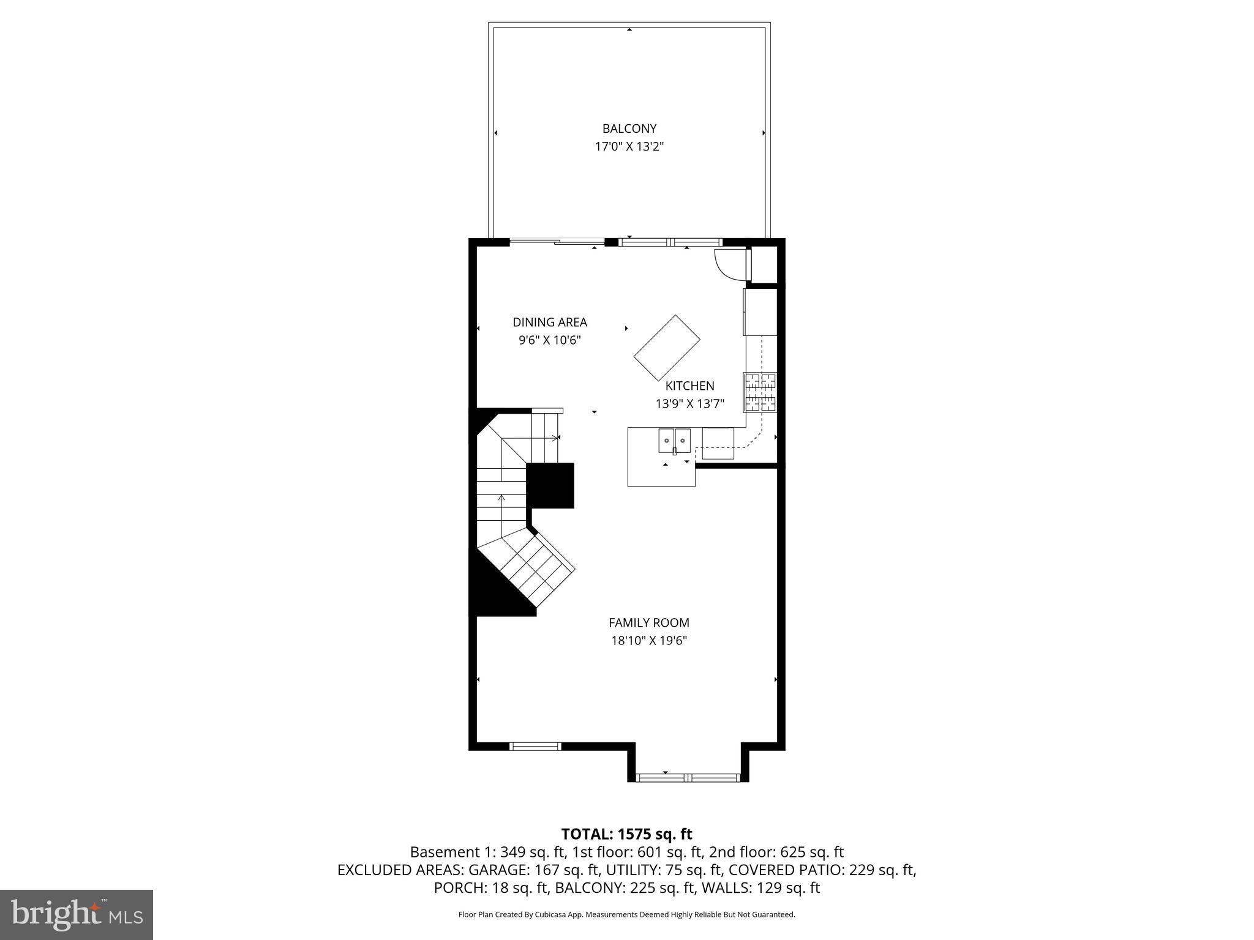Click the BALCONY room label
coord(629,129)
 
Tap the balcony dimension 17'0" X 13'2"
coord(629,147)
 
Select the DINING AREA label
coord(549,322)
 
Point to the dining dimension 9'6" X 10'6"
coord(549,340)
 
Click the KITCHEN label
coord(689,386)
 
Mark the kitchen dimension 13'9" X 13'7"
coord(689,404)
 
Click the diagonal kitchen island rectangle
coord(667,348)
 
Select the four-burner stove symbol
coord(760,392)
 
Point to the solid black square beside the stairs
coord(550,485)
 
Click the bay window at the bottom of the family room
coord(688,778)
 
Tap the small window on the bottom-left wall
coord(535,746)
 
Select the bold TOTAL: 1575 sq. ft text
coord(626,834)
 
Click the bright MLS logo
coord(77,914)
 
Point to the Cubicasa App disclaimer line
coord(626,915)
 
